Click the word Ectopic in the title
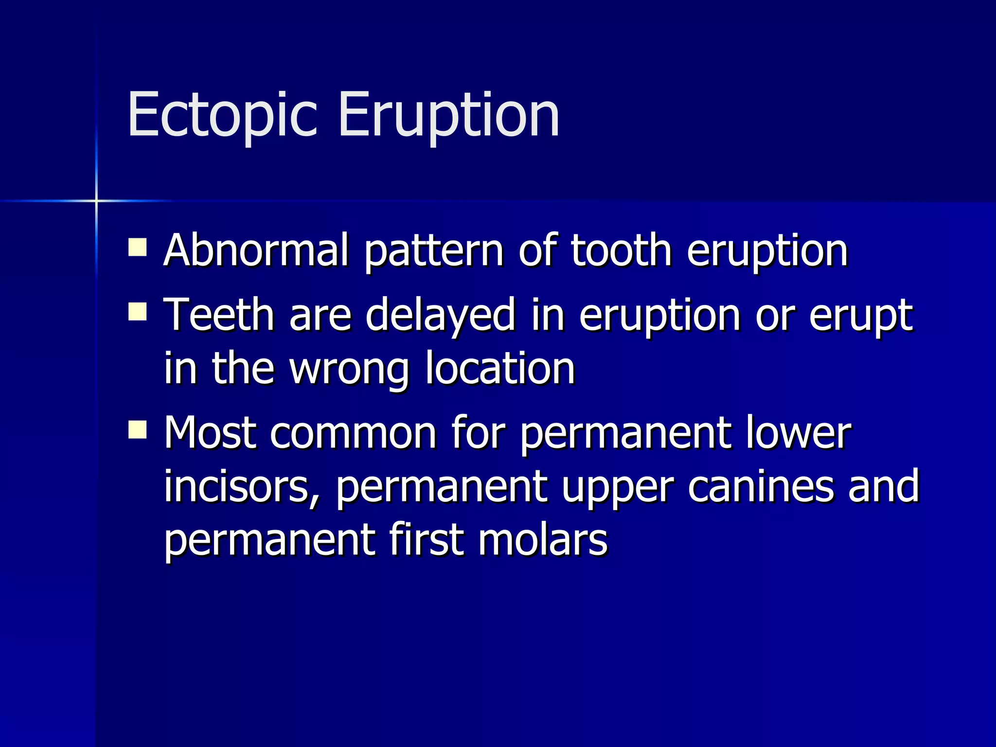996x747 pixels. click(222, 116)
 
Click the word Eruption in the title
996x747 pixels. click(448, 116)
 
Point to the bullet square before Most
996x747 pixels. click(138, 429)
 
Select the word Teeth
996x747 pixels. click(219, 315)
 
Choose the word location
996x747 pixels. click(500, 368)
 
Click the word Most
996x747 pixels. click(210, 432)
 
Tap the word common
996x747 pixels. click(353, 433)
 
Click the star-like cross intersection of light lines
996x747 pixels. click(96, 200)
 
